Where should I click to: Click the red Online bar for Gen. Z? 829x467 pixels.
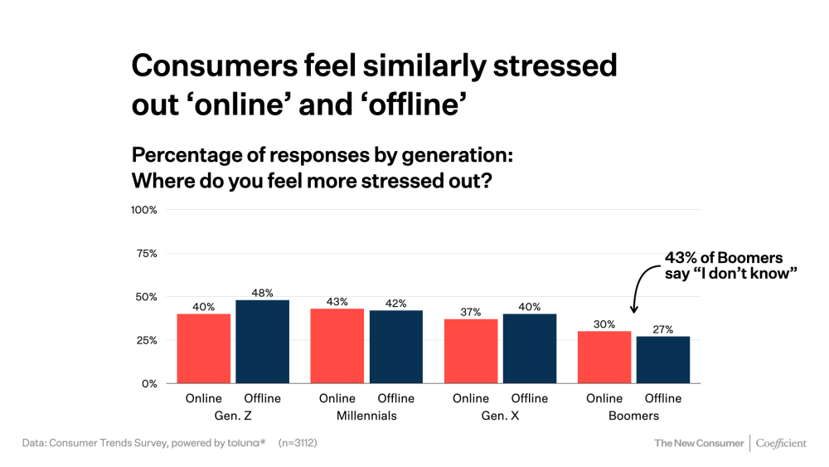[x=203, y=348]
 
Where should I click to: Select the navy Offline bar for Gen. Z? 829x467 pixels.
[x=263, y=342]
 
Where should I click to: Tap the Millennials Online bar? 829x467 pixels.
[x=337, y=346]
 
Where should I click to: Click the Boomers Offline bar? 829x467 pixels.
[x=663, y=360]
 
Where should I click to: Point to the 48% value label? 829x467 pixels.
[x=263, y=292]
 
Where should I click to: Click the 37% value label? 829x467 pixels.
[x=471, y=311]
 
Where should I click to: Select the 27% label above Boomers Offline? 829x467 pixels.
[x=663, y=328]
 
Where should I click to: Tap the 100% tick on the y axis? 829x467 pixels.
[x=144, y=210]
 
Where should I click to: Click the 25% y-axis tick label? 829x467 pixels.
[x=147, y=340]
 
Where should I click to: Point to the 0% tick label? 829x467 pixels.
[x=149, y=384]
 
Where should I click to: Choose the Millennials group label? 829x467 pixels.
[x=366, y=416]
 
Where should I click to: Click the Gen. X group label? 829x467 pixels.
[x=500, y=416]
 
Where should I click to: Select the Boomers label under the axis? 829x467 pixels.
[x=633, y=416]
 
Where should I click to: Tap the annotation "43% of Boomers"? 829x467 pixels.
[x=724, y=257]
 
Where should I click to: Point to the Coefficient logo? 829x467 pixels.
[x=781, y=444]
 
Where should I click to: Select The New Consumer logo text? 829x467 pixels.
[x=699, y=444]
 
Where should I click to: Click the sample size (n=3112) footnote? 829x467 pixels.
[x=298, y=443]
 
